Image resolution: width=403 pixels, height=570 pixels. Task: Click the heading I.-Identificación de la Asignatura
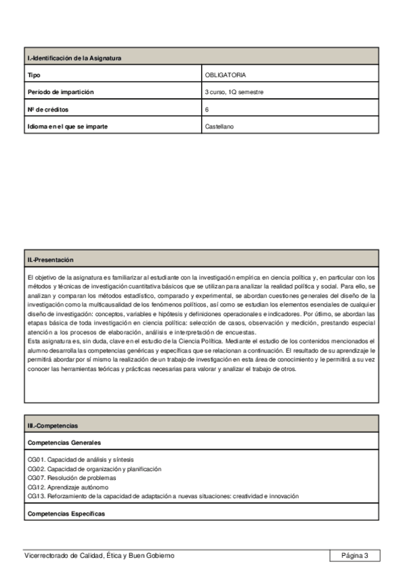pos(74,58)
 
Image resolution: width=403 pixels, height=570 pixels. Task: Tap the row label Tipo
pos(34,75)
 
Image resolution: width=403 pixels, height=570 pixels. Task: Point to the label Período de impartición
pos(61,92)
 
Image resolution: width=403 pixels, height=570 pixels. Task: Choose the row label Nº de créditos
pos(48,109)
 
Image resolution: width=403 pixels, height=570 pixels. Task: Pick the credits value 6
pos(207,109)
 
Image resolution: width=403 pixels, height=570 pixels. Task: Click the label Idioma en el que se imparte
pos(68,126)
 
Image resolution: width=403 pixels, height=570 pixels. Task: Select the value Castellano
pos(219,126)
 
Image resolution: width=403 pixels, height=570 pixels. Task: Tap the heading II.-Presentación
pos(50,259)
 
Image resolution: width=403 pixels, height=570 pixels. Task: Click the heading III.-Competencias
pos(52,426)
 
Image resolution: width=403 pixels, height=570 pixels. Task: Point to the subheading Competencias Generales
pos(65,443)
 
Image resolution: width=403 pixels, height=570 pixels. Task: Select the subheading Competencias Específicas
pos(66,514)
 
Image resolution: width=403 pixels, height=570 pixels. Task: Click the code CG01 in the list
pos(36,460)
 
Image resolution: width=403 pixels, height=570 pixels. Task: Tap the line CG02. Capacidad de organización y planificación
pos(94,469)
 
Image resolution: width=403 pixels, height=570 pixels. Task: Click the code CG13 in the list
pos(36,496)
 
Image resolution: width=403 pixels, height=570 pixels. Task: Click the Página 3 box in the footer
pos(355,555)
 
